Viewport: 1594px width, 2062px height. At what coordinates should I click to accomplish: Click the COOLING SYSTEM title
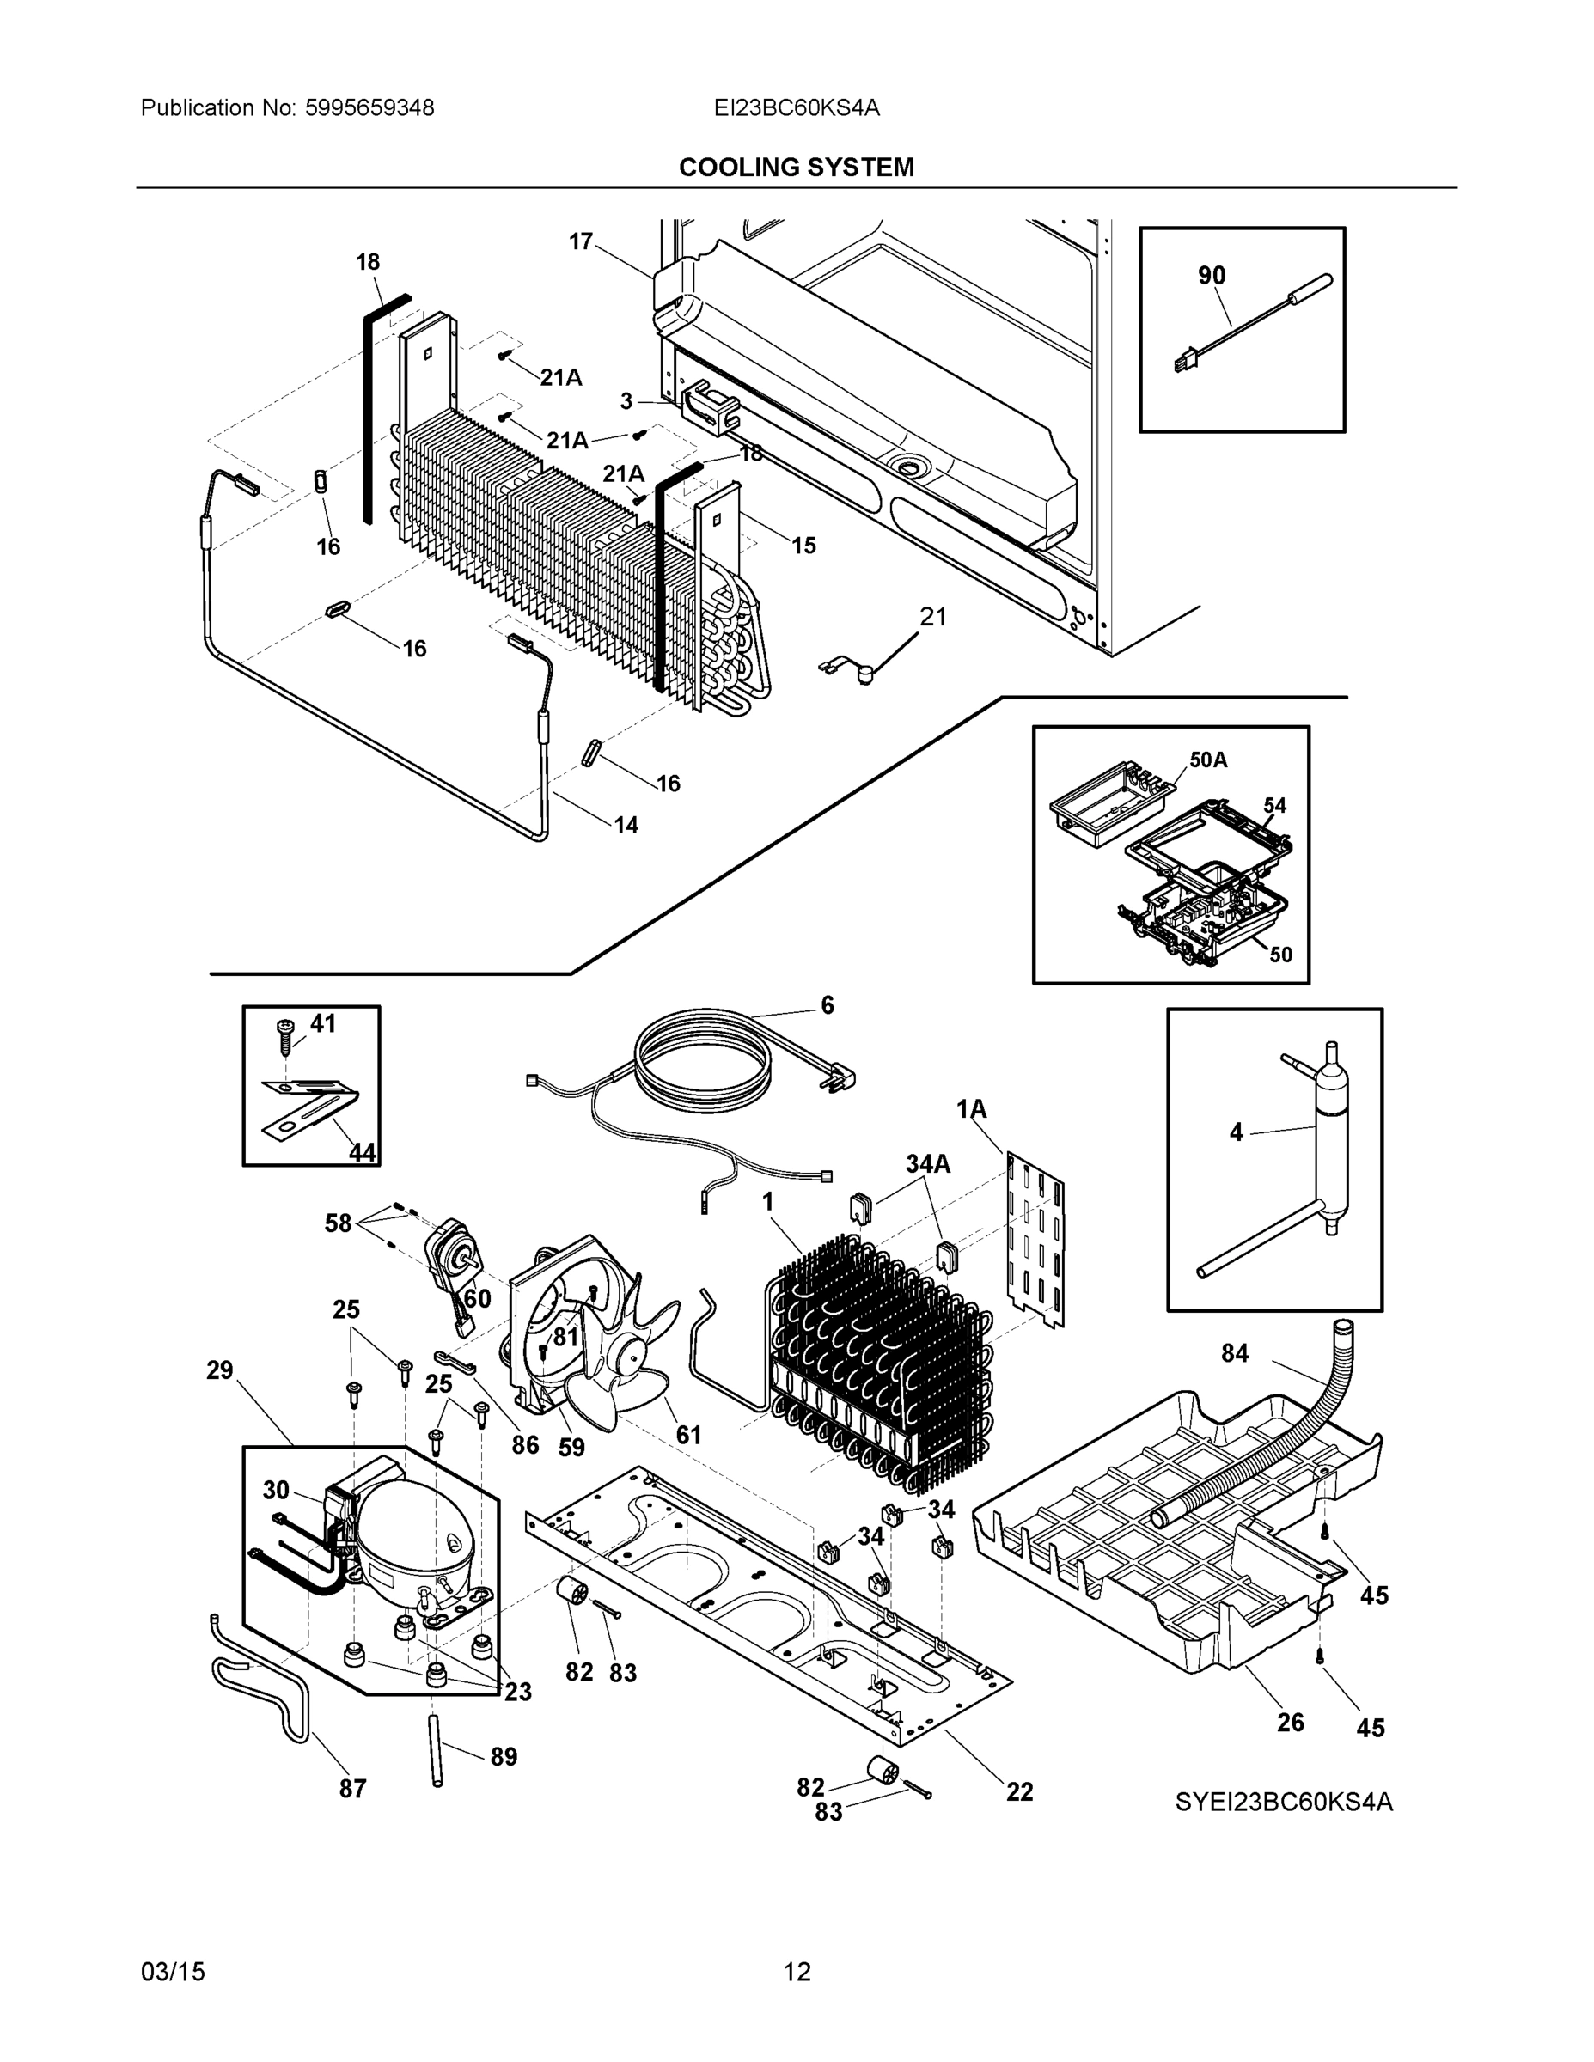tap(796, 168)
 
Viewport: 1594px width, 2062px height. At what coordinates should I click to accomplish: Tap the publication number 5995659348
tap(369, 107)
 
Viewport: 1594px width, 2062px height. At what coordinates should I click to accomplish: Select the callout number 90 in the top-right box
tap(1212, 276)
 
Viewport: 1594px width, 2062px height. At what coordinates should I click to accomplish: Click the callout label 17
tap(580, 241)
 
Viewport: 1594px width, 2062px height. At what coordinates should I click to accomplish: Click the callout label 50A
tap(1208, 760)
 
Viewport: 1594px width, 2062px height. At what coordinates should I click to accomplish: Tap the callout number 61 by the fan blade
tap(688, 1435)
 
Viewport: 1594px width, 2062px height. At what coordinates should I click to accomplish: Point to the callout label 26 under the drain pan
tap(1290, 1722)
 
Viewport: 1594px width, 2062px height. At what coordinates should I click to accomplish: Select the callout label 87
tap(352, 1788)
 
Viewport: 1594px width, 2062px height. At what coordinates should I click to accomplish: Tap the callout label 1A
tap(971, 1109)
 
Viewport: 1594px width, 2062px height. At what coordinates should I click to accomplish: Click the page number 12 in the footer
tap(797, 1972)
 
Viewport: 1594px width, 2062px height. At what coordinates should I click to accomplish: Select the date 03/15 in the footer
tap(173, 1972)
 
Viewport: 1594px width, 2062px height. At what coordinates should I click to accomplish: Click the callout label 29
tap(219, 1370)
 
